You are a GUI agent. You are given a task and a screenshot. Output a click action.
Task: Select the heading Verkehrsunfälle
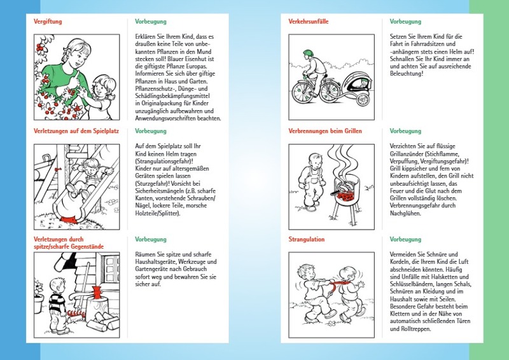pyautogui.click(x=309, y=22)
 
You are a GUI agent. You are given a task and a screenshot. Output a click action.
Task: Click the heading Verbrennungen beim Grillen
pyautogui.click(x=324, y=131)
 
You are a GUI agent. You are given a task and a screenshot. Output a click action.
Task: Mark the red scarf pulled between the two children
pyautogui.click(x=330, y=282)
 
